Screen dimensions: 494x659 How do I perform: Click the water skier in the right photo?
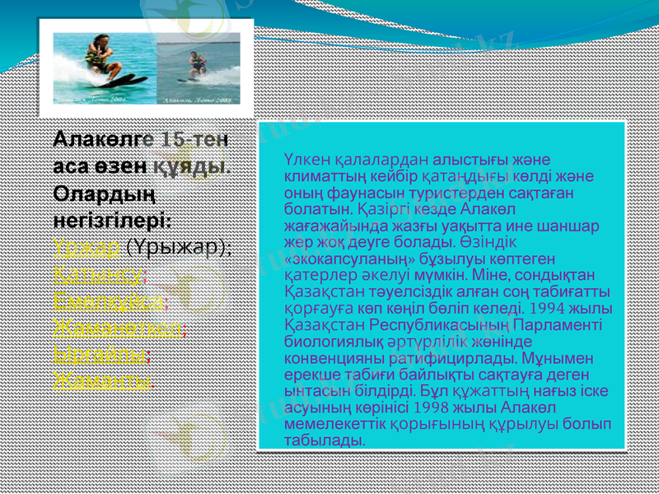click(197, 66)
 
